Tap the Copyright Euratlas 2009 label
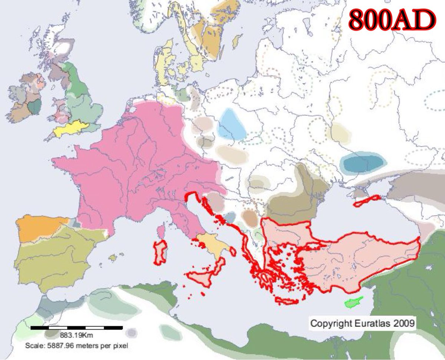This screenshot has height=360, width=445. (363, 323)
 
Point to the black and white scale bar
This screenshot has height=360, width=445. (76, 328)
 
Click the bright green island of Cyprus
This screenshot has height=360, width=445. (353, 302)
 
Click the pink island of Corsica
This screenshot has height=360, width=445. (161, 231)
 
